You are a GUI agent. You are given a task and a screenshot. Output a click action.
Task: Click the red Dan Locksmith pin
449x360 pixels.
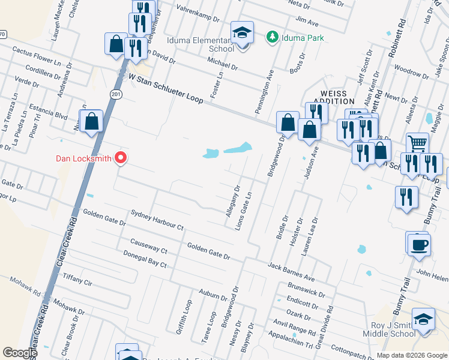tap(121, 158)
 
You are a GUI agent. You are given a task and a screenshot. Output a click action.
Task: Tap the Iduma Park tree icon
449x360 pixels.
tap(273, 38)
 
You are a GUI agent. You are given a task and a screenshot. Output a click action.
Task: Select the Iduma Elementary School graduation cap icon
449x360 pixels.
tap(242, 33)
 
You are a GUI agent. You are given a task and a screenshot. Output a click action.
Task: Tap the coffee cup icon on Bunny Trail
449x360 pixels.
tap(418, 244)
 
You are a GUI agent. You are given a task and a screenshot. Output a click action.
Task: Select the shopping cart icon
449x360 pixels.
tap(417, 144)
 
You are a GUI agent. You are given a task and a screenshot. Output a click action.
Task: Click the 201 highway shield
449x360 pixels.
tap(115, 94)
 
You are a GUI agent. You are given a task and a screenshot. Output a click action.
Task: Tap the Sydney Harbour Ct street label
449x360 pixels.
tap(157, 221)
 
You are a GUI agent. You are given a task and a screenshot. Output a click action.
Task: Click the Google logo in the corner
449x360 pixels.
tap(20, 352)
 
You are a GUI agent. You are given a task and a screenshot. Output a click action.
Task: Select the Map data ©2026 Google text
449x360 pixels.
tap(411, 355)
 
